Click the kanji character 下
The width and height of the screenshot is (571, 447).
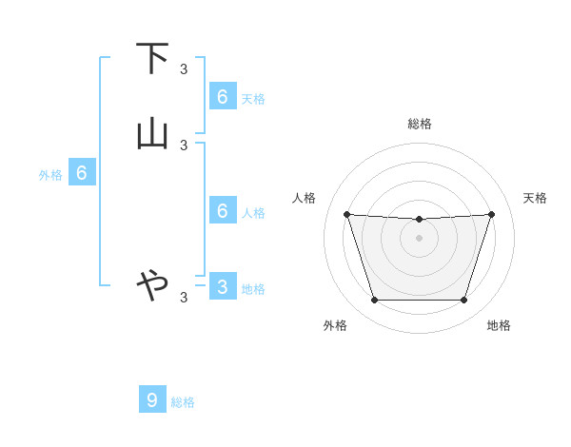coord(152,60)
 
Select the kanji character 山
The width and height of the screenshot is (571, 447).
coord(152,134)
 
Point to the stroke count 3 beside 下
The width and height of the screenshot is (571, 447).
coord(184,69)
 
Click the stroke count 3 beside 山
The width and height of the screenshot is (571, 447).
coord(184,145)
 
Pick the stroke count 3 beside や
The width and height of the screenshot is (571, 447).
coord(184,298)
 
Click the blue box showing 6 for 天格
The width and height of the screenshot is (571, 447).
coord(223,96)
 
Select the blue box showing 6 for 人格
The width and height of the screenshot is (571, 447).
coord(223,210)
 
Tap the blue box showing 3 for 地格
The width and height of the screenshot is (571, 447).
coord(223,286)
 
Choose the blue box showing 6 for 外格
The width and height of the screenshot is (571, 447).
coord(82,172)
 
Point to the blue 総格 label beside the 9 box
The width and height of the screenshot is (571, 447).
coord(183,402)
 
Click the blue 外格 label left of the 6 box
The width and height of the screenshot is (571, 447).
coord(49,175)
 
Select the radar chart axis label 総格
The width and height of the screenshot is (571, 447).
coord(420,124)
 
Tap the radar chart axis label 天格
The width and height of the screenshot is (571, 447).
coord(536,198)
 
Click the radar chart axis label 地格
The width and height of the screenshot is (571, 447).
coord(499,325)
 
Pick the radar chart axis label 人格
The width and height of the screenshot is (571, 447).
coord(305,198)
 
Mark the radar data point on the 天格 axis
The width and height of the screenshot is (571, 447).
coord(491,214)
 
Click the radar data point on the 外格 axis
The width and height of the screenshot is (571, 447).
coord(374,301)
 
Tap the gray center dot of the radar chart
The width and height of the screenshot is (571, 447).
coord(419,238)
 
